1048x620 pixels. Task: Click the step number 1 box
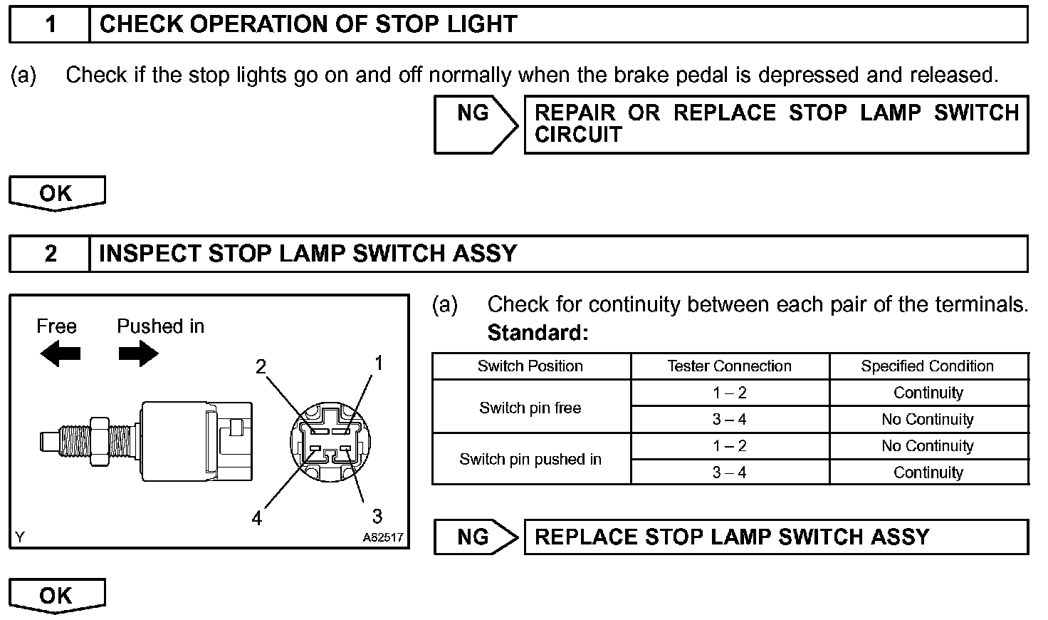[x=50, y=25]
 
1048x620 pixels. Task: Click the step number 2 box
[x=50, y=254]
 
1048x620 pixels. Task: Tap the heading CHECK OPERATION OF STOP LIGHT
[x=308, y=25]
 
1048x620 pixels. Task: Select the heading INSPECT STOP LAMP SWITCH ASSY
[x=308, y=254]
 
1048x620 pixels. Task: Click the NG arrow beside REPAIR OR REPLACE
[x=476, y=125]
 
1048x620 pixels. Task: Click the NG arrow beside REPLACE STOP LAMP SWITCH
[x=476, y=537]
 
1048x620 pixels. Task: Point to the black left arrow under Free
[x=60, y=353]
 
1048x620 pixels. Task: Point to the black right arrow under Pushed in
[x=138, y=353]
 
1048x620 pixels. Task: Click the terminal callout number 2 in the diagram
[x=261, y=366]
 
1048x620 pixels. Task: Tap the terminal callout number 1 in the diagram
[x=379, y=363]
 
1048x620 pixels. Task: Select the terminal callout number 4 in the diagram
[x=256, y=518]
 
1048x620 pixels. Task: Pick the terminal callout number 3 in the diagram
[x=377, y=515]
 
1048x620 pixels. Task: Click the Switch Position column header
[x=530, y=366]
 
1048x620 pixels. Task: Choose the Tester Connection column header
[x=729, y=366]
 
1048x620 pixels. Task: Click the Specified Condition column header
[x=927, y=366]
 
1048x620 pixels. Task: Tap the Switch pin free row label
[x=530, y=408]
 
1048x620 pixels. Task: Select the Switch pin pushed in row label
[x=530, y=460]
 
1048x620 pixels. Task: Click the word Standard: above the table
[x=538, y=333]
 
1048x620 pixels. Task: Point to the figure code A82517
[x=383, y=537]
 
